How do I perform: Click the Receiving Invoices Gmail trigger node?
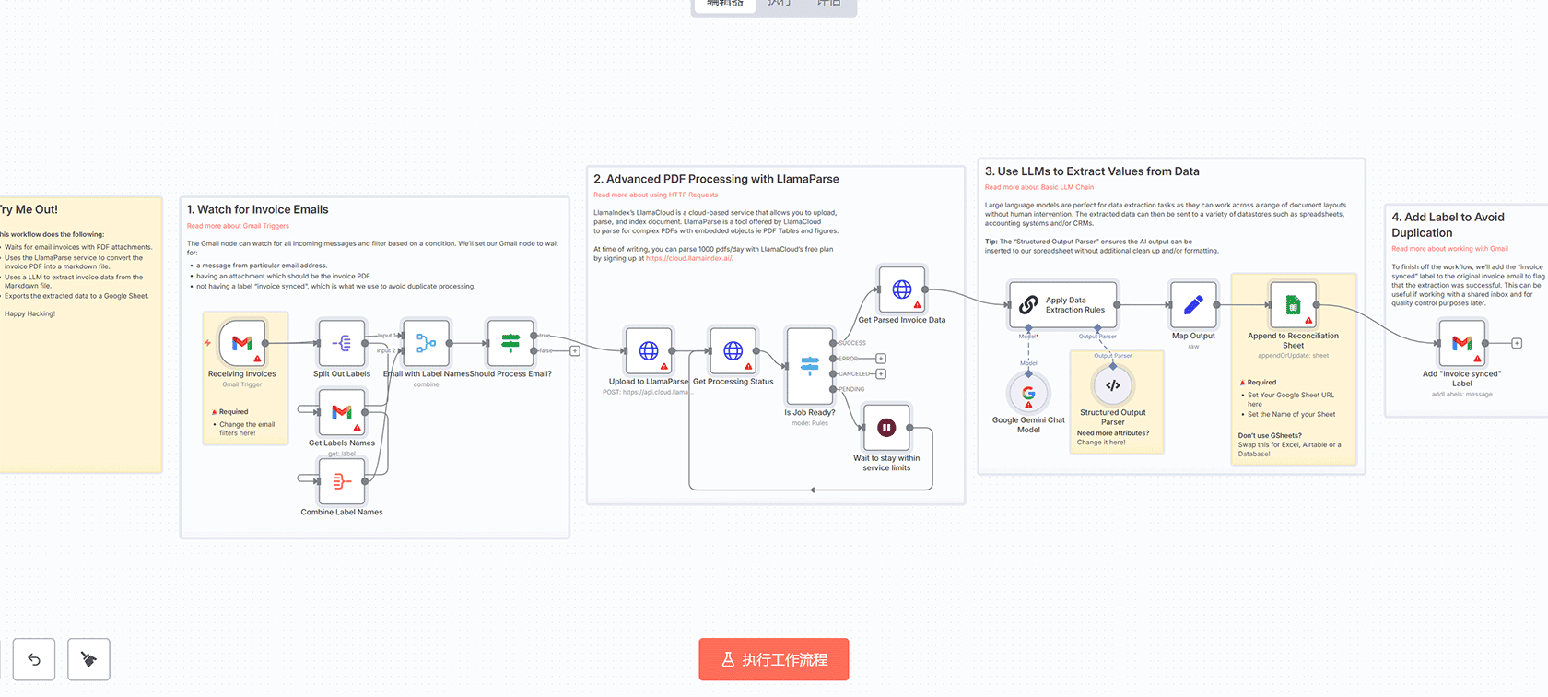point(242,343)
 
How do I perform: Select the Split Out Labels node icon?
point(342,343)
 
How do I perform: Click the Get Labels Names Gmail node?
point(342,412)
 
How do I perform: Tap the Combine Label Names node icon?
point(342,480)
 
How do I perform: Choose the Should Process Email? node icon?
point(510,343)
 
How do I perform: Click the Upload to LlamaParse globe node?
point(649,350)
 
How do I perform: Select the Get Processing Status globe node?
point(733,350)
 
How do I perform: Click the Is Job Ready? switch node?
point(810,366)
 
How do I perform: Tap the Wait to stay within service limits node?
point(886,428)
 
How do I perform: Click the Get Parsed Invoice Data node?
point(902,289)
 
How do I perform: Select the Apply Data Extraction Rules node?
point(1064,304)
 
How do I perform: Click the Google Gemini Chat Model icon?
point(1028,394)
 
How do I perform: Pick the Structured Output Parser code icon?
point(1113,385)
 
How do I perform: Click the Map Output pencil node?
point(1193,304)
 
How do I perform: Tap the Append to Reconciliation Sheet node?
point(1293,304)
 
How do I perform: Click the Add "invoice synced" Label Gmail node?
point(1461,343)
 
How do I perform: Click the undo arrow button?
point(34,659)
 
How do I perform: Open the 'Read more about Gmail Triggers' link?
point(238,226)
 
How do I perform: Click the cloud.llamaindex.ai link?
point(688,258)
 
